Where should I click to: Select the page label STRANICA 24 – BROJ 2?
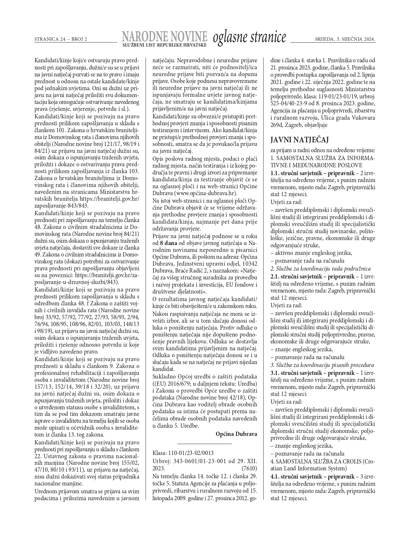click(x=61, y=39)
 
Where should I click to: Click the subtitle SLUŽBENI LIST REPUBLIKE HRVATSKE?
click(x=165, y=45)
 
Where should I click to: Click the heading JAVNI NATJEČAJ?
click(x=299, y=140)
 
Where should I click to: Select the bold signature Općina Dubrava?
click(x=236, y=434)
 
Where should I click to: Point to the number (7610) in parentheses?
click(x=249, y=468)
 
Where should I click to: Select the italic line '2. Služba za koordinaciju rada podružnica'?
click(x=321, y=268)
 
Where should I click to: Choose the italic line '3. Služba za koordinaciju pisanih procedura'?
click(x=322, y=365)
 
